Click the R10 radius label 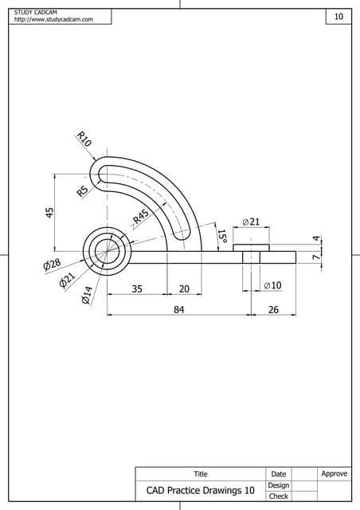click(84, 139)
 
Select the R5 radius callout click(82, 190)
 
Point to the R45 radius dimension click(141, 218)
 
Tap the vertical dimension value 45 click(49, 212)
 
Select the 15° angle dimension click(222, 237)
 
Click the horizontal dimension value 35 click(137, 289)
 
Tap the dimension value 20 click(184, 289)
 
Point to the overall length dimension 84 click(179, 310)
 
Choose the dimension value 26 click(273, 310)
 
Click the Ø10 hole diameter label click(272, 284)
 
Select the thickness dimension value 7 click(315, 257)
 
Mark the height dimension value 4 click(315, 238)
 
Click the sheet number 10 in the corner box click(338, 17)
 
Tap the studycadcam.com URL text click(54, 19)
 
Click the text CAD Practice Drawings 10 click(200, 491)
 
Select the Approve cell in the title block click(334, 473)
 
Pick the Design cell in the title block click(278, 484)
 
